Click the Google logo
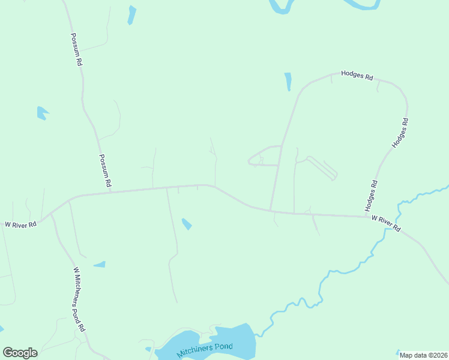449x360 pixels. pos(20,353)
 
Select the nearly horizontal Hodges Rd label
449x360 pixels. pos(357,77)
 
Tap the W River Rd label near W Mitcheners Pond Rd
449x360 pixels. pos(20,224)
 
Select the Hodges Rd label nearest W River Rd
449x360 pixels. pos(371,195)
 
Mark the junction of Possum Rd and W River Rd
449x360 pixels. pos(112,191)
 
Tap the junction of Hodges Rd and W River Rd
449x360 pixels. pos(367,216)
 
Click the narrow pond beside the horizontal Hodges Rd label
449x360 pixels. pos(288,81)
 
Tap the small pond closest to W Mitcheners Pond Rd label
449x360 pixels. pos(100,264)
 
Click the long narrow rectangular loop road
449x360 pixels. pos(322,168)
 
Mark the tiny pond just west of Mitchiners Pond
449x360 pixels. pos(148,349)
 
